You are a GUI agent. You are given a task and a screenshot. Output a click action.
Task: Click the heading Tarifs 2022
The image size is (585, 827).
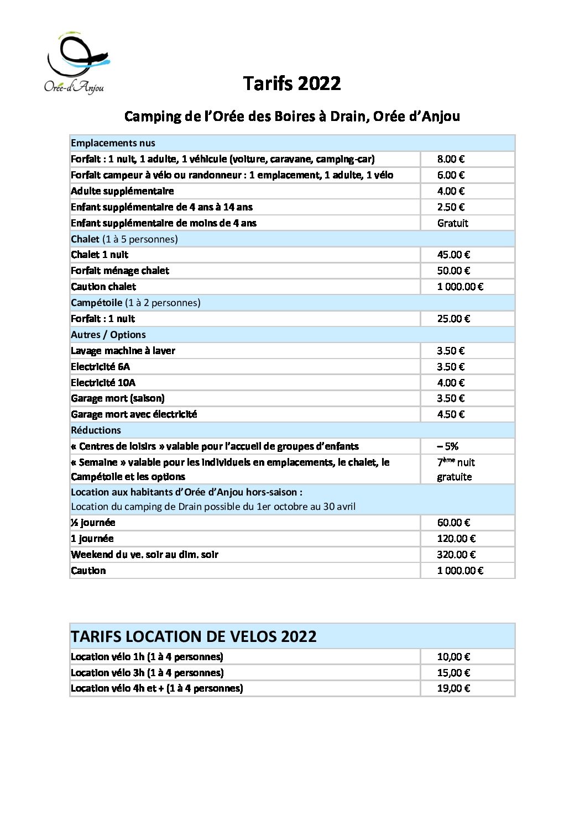point(292,83)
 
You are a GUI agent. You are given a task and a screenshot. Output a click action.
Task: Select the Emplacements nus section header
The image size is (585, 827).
point(113,143)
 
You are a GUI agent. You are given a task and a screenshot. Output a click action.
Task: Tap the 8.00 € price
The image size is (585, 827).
point(451,159)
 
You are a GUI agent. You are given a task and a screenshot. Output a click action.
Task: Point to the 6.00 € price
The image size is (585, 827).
point(451,175)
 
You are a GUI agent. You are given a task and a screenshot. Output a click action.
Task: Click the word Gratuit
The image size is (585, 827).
point(452,223)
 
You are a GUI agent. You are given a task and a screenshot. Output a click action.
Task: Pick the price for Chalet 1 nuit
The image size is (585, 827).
point(453,255)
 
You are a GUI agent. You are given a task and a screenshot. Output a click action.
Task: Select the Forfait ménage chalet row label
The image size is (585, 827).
point(120,271)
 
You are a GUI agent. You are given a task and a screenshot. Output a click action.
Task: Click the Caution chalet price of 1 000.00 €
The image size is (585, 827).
point(460,287)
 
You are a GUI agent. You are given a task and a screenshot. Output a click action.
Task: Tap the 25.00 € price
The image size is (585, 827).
point(453,319)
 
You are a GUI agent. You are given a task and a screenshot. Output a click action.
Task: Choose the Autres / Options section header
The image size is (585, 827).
point(108,335)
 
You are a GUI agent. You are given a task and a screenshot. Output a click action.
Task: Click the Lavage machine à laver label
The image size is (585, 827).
point(123,351)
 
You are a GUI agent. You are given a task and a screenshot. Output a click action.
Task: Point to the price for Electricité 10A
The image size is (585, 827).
point(451,383)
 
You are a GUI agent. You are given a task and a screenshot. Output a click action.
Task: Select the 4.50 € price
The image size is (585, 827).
point(451,414)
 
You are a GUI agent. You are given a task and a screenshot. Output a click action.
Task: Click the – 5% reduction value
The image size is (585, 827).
point(448,446)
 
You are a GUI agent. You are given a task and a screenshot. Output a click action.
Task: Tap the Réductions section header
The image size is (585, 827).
point(96,430)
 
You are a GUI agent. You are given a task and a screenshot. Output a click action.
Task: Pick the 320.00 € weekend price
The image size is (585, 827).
point(456,555)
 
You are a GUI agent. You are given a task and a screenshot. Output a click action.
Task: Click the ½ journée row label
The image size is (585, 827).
point(93,523)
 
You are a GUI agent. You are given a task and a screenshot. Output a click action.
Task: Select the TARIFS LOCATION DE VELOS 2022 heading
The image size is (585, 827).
point(194,636)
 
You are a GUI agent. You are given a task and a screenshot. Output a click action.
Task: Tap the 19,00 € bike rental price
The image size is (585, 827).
point(453,688)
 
